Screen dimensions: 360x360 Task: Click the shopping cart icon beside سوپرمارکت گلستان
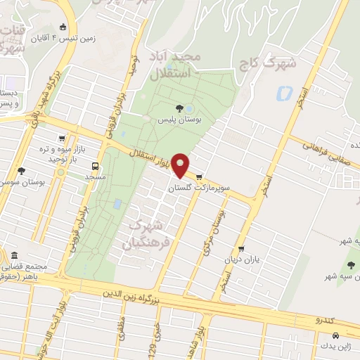tap(200, 177)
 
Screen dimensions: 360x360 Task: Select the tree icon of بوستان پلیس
tap(179, 108)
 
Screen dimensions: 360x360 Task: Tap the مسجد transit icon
tap(96, 167)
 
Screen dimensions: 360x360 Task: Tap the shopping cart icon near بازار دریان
tap(241, 248)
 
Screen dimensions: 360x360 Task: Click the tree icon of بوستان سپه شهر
tap(350, 264)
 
